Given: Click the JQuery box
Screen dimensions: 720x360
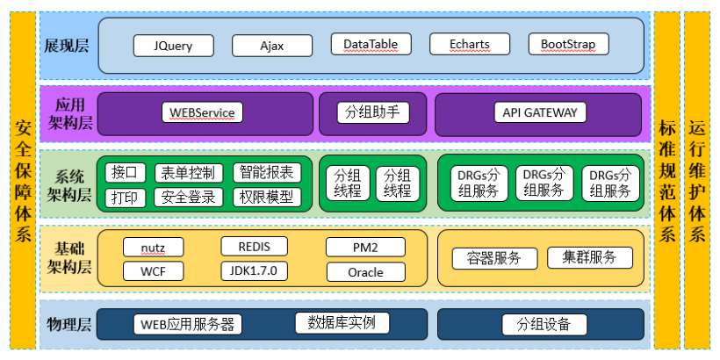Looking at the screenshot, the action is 174,46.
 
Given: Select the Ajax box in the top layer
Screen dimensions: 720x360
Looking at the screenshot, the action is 272,46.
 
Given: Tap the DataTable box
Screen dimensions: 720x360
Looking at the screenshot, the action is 371,44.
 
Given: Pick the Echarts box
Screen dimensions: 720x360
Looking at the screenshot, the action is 470,44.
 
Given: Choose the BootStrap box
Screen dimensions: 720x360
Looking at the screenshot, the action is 568,44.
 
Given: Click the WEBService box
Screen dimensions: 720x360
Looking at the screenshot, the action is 202,112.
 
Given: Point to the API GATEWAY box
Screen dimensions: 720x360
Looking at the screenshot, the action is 540,112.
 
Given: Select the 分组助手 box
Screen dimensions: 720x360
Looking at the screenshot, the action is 373,112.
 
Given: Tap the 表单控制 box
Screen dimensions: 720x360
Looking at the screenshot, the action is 188,173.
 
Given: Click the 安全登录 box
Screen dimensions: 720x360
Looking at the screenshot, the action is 188,198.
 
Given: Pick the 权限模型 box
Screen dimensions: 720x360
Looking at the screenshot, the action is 267,198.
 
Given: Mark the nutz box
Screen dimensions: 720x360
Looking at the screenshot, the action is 154,248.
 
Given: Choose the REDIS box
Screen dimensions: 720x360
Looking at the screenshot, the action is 255,247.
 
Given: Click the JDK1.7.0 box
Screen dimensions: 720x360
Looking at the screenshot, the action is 255,271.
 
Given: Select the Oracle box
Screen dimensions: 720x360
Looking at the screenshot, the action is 366,272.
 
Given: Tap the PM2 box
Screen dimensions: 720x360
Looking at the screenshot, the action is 366,247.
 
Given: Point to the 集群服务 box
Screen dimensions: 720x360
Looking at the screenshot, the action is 589,257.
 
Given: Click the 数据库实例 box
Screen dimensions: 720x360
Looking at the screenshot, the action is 342,323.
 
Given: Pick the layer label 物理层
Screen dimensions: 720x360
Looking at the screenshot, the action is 69,325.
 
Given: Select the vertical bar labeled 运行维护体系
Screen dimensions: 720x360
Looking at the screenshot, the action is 696,180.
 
